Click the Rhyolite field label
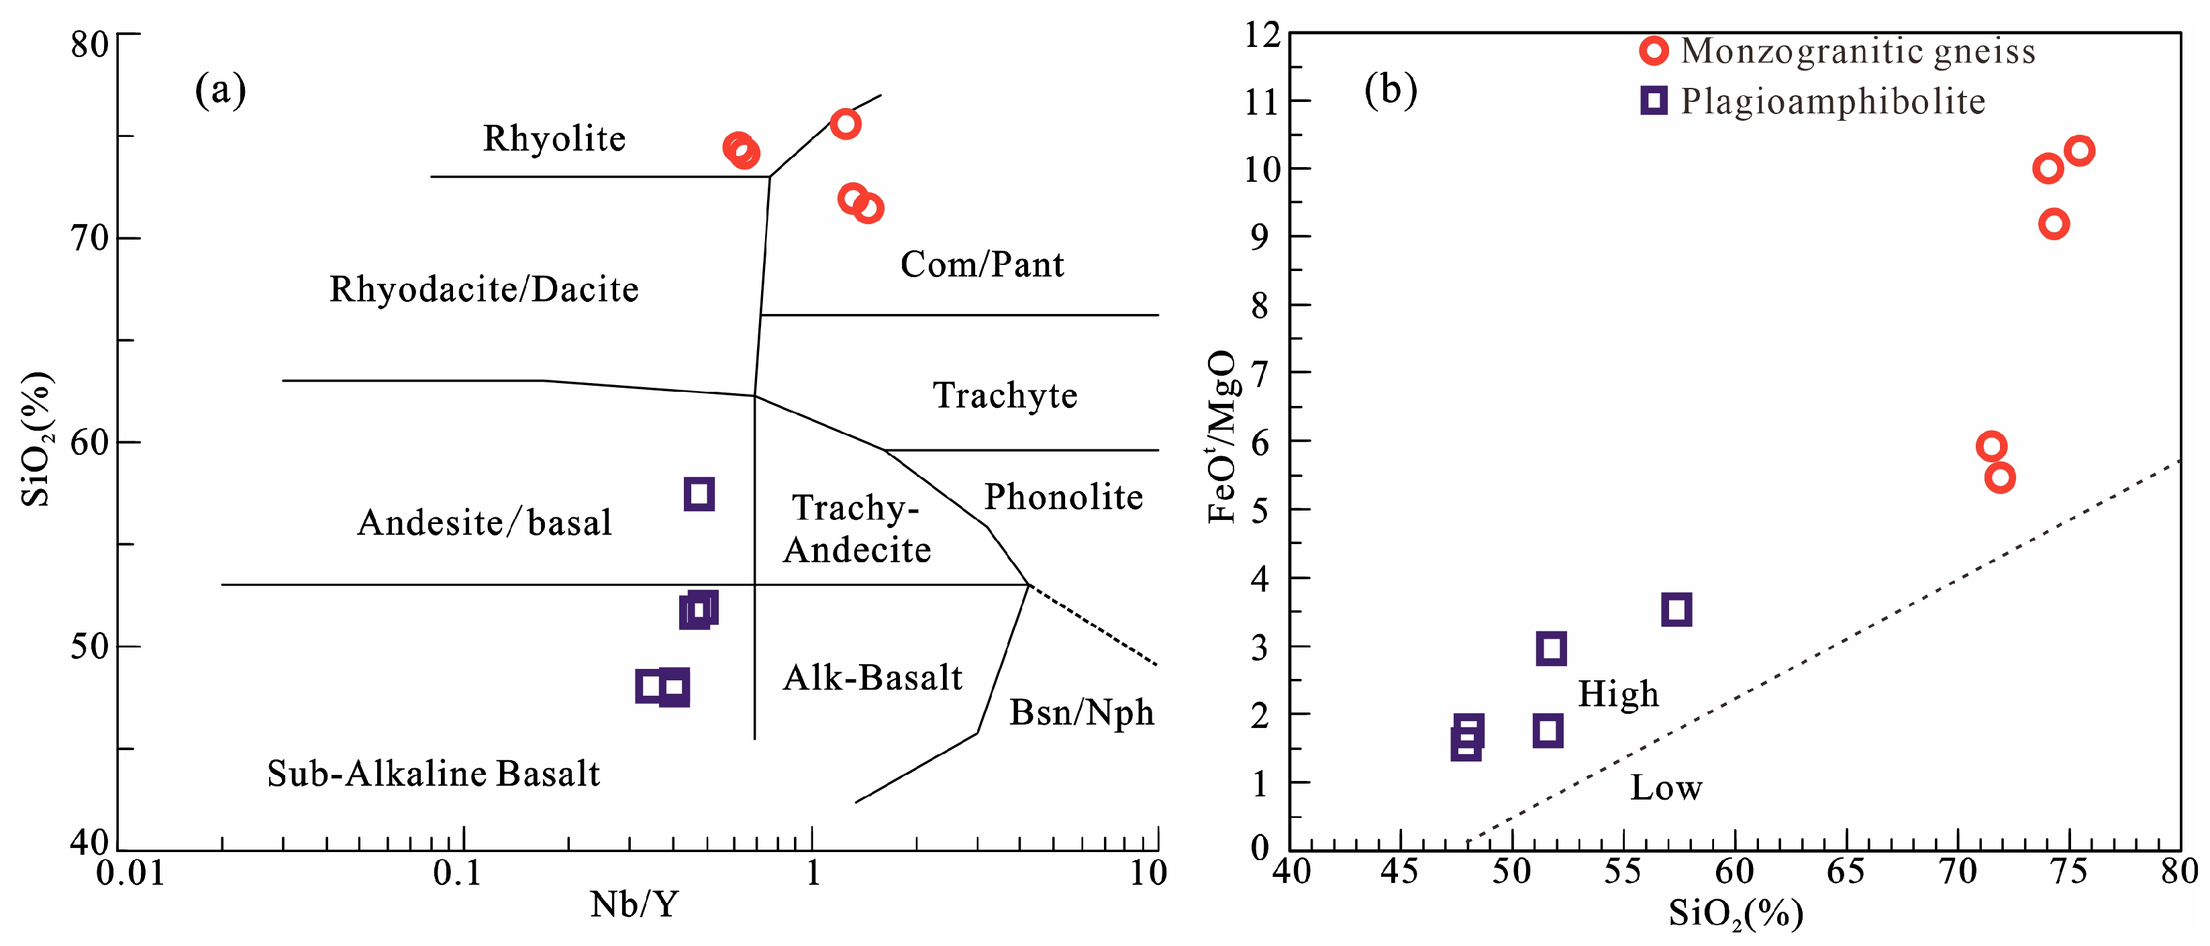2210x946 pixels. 554,139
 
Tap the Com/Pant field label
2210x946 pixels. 981,264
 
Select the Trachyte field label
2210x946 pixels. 1005,395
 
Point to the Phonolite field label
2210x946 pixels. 1063,497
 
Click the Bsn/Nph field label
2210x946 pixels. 1081,713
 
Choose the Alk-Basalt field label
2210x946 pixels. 872,678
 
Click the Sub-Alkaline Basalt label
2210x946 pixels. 434,774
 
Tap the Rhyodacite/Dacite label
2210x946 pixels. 484,290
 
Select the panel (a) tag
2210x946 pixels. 221,89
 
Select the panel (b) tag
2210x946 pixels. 1390,89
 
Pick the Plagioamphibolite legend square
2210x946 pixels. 1653,101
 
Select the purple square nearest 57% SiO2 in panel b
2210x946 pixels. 1676,610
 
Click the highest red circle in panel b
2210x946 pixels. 2078,151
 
